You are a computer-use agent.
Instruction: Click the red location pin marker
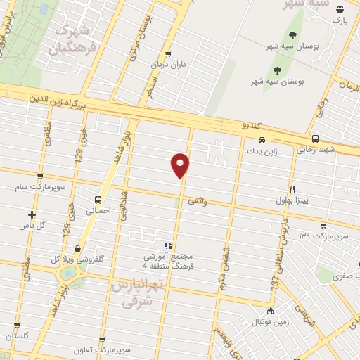click(x=181, y=165)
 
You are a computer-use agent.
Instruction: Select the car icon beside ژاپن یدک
click(x=262, y=139)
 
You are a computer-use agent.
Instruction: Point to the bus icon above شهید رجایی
click(x=314, y=139)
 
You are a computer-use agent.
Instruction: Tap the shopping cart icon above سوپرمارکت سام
click(x=39, y=176)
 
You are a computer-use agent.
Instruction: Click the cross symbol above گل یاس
click(x=32, y=214)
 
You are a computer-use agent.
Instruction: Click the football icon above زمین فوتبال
click(x=270, y=312)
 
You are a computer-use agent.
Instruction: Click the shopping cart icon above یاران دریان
click(x=167, y=54)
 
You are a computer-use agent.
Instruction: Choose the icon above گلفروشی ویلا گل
click(x=77, y=248)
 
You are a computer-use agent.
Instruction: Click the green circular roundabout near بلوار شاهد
click(x=69, y=272)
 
